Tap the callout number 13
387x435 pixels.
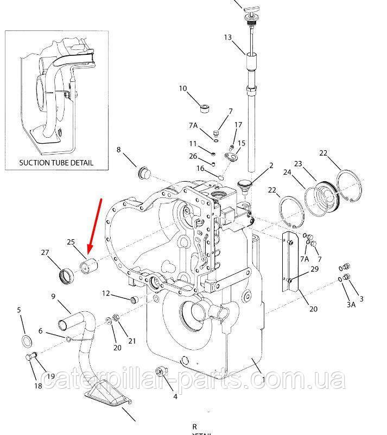click(x=227, y=37)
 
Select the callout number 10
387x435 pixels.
click(x=182, y=88)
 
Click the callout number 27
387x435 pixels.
click(x=45, y=252)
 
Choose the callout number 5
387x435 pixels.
click(x=19, y=310)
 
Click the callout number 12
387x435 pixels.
click(x=106, y=293)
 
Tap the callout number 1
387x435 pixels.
click(x=264, y=380)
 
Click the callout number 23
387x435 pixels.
click(x=297, y=163)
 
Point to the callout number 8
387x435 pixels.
click(x=119, y=150)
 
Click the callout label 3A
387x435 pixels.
click(x=351, y=305)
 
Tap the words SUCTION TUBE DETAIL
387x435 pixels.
click(x=56, y=162)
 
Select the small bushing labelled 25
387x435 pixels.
click(x=88, y=267)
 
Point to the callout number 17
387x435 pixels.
click(x=238, y=125)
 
